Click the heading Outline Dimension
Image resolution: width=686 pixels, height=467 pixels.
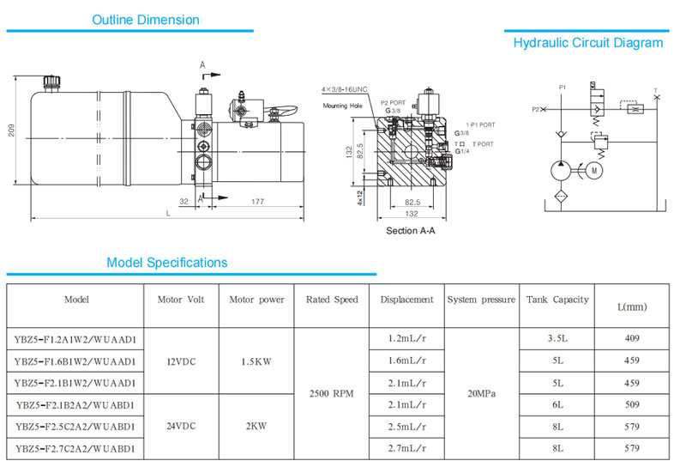(146, 20)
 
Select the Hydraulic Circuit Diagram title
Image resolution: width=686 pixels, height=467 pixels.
(587, 43)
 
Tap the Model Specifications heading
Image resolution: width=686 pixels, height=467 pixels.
(166, 263)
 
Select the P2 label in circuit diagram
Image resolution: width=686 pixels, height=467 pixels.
(536, 110)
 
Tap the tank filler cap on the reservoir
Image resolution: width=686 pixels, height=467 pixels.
(49, 82)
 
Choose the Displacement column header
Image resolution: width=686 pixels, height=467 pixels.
(406, 300)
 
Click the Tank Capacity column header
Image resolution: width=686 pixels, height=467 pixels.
(557, 300)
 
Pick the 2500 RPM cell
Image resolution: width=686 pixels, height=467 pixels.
(332, 393)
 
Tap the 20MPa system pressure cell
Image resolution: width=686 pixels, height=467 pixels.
(480, 393)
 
